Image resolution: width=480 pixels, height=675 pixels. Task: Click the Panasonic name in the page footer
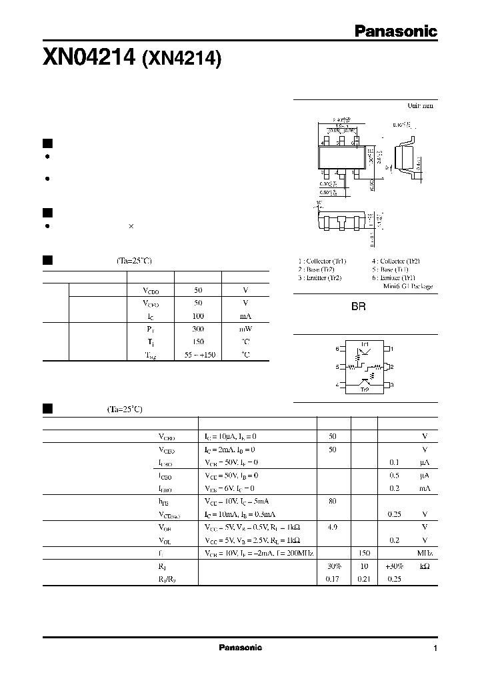pos(241,648)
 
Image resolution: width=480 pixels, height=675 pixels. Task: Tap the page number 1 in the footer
pos(435,648)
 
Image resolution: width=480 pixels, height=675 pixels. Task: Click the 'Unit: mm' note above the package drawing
pos(420,105)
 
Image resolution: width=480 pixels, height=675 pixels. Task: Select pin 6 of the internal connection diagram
pos(337,349)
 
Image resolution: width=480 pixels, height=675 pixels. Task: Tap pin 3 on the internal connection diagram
pos(393,385)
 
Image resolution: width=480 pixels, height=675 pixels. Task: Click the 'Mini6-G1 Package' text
pos(407,286)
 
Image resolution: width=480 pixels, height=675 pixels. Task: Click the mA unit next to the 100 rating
pos(245,316)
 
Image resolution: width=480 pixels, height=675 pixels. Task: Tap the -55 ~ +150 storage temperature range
pos(198,355)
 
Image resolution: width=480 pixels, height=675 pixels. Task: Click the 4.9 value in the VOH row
pos(333,526)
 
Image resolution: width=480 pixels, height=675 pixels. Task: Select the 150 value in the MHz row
pos(364,553)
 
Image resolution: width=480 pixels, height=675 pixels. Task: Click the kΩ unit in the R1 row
pos(424,566)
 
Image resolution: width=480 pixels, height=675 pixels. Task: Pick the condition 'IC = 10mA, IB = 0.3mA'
pos(240,514)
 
